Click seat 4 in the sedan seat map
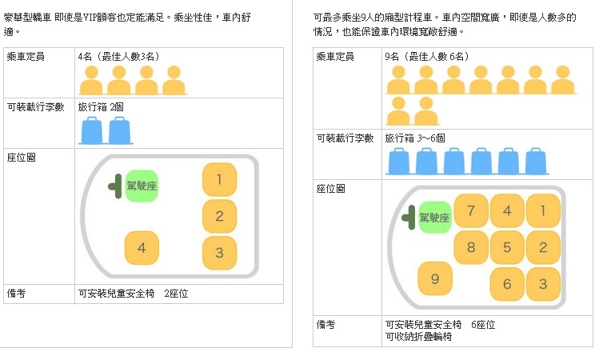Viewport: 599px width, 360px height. point(142,248)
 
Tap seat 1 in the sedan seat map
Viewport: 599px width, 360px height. point(219,179)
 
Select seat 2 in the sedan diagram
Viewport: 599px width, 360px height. point(219,216)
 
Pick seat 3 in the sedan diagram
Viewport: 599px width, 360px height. point(219,253)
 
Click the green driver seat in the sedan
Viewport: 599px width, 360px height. point(142,186)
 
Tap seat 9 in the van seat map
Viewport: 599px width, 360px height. point(435,278)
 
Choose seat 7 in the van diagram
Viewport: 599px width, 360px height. point(471,210)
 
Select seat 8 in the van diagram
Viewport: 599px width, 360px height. point(471,247)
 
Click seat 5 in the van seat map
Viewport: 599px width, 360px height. point(507,247)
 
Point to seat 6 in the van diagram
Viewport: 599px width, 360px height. point(507,283)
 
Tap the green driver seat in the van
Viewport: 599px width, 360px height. point(435,218)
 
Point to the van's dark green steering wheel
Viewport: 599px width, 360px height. point(409,218)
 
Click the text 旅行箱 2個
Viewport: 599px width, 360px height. point(101,107)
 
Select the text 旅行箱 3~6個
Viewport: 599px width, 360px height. point(415,138)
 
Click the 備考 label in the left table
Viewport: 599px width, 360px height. point(17,293)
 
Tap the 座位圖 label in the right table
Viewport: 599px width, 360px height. point(331,189)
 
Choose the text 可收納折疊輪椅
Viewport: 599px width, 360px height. point(419,337)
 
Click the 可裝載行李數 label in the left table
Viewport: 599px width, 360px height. point(35,107)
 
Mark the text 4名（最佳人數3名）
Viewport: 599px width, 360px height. point(119,57)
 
